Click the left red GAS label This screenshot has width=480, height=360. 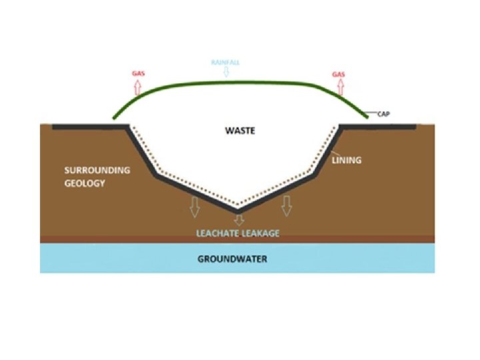[x=138, y=74]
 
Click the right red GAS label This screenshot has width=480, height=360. [x=338, y=74]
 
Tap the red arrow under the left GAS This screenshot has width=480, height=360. [x=138, y=87]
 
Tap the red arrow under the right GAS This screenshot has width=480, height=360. [x=339, y=87]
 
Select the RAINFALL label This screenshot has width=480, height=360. [x=225, y=62]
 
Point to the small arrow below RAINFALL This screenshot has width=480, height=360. [x=225, y=72]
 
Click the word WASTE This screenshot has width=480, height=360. [x=239, y=131]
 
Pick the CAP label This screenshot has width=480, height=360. [x=383, y=114]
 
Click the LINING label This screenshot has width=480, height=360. [x=346, y=160]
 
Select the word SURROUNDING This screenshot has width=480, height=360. [x=97, y=170]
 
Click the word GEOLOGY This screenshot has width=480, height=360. [x=85, y=183]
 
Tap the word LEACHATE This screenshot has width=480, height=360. [x=219, y=233]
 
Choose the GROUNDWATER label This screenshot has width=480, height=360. [x=232, y=259]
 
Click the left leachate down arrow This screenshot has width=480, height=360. [x=195, y=207]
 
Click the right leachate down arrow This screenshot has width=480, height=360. [x=287, y=207]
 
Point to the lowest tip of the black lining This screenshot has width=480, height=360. [x=237, y=211]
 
